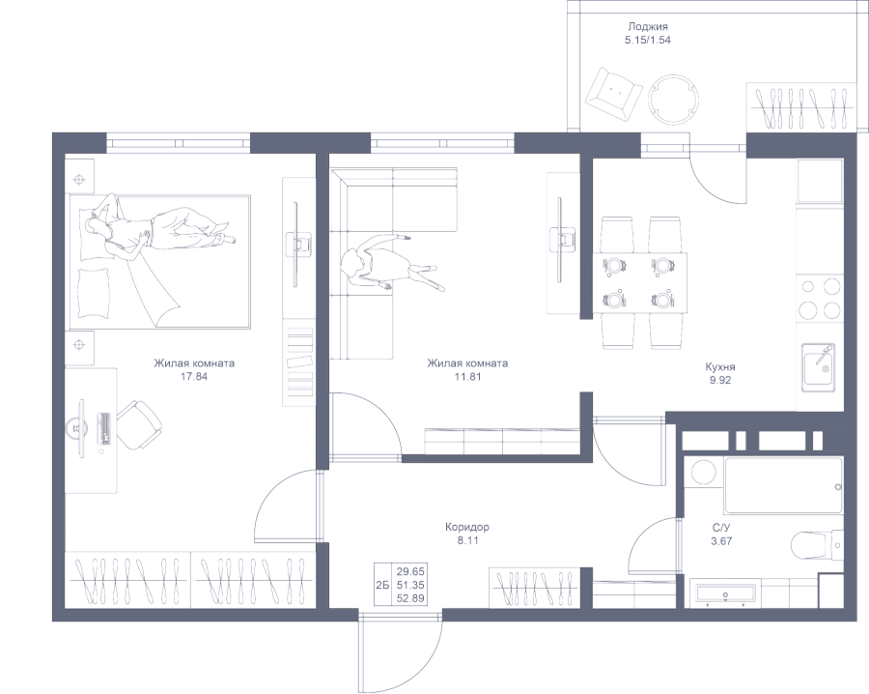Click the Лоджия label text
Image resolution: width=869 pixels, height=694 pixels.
[647, 27]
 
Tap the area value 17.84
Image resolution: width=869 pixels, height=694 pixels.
[194, 377]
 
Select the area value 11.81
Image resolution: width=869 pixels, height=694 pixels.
[467, 377]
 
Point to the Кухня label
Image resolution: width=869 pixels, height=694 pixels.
[720, 366]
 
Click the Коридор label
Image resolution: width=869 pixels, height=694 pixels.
[467, 527]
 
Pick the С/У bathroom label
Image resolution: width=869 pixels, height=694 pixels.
[721, 528]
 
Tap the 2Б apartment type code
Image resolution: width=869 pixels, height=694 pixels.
[381, 585]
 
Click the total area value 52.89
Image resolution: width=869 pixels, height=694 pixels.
[410, 598]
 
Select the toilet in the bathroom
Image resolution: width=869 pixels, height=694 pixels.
[818, 546]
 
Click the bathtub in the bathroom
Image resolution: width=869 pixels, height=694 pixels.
[784, 485]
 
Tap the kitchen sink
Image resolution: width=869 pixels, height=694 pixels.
[818, 366]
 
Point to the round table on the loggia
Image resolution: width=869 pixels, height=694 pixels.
[674, 101]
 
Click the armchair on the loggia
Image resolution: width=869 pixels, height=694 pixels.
[614, 95]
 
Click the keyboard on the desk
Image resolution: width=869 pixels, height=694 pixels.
[103, 428]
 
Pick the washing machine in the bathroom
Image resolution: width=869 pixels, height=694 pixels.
[703, 475]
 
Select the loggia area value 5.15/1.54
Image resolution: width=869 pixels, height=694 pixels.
[648, 40]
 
